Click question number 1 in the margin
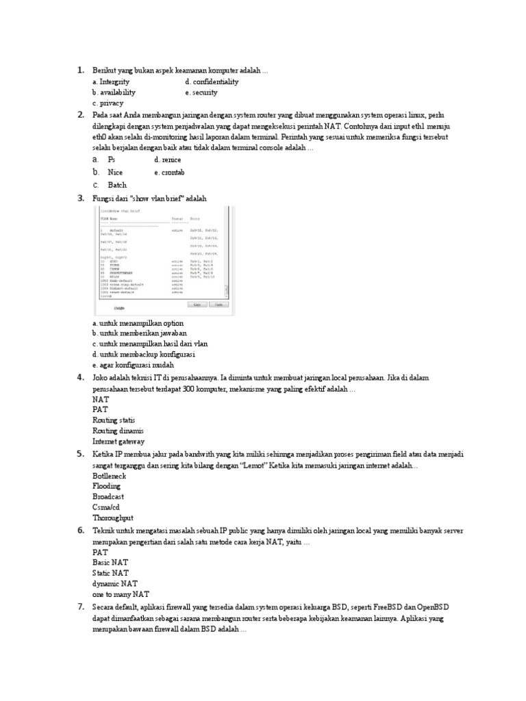click(80, 70)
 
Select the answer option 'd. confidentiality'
click(212, 81)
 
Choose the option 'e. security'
click(201, 92)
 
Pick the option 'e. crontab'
click(169, 173)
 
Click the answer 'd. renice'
click(167, 159)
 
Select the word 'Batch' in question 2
click(117, 185)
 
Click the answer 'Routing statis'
click(114, 420)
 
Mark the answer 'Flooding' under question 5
click(106, 486)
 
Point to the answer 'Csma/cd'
click(107, 508)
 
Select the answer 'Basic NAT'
click(110, 562)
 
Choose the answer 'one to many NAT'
click(121, 595)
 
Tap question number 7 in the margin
click(80, 607)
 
